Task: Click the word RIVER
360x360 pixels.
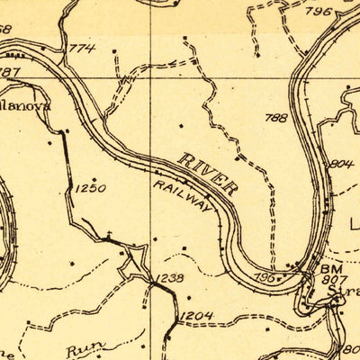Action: (209, 174)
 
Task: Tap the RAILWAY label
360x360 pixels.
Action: (185, 195)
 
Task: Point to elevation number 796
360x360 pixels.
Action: (318, 12)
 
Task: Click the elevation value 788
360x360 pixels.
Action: (276, 118)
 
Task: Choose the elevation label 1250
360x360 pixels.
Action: (91, 188)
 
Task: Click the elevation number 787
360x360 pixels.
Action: (9, 72)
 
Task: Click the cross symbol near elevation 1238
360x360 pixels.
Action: (108, 236)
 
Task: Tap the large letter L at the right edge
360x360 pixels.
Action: (354, 221)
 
